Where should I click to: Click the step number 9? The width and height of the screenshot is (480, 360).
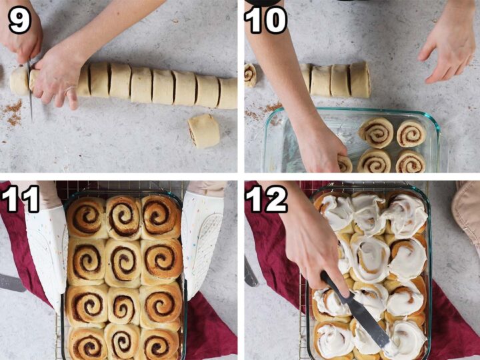pyautogui.click(x=19, y=19)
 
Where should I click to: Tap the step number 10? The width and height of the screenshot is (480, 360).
pyautogui.click(x=266, y=19)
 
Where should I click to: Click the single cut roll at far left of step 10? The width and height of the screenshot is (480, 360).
pyautogui.click(x=250, y=74)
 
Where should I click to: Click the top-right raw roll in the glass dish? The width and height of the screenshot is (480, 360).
pyautogui.click(x=411, y=133)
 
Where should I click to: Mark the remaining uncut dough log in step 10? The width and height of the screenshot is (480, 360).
pyautogui.click(x=336, y=80)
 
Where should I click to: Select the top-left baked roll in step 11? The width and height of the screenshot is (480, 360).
pyautogui.click(x=87, y=217)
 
